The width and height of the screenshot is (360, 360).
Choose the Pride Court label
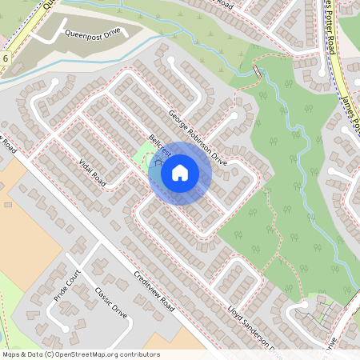pos(69,287)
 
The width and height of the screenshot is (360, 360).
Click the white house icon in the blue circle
pos(179,173)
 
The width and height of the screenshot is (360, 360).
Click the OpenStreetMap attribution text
pos(81,354)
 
